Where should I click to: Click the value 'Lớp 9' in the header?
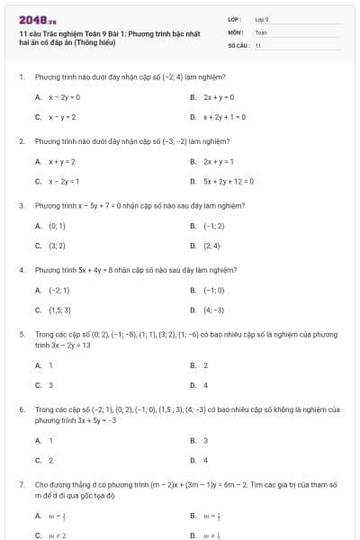pos(262,18)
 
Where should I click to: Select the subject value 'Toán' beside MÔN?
pos(261,31)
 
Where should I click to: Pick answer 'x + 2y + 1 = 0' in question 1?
pos(224,117)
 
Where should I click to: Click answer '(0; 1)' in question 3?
pos(57,226)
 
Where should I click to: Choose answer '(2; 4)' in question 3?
pos(212,246)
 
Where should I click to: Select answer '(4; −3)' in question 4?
pos(213,310)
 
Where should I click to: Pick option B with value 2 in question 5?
pos(205,365)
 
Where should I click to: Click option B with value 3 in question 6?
pos(205,440)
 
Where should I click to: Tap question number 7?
pos(21,484)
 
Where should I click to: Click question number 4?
pos(21,269)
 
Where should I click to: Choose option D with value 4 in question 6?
pos(205,460)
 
